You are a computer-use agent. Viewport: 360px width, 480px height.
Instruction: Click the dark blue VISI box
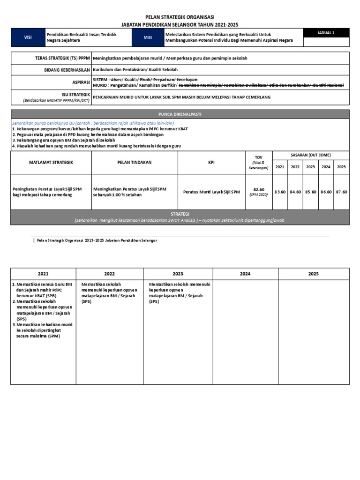tap(28, 37)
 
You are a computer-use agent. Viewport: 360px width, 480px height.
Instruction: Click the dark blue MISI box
tap(148, 37)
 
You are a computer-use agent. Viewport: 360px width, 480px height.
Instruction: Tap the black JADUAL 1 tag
tap(326, 32)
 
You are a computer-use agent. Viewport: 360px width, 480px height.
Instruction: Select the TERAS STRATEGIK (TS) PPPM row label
tap(59, 58)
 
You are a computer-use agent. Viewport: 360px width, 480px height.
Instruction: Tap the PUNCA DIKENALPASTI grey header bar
tap(180, 114)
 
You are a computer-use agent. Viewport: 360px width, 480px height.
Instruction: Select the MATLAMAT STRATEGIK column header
tap(51, 162)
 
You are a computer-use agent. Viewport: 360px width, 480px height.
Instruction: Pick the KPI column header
tap(211, 162)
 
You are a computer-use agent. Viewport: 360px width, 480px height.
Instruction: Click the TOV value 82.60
tap(259, 189)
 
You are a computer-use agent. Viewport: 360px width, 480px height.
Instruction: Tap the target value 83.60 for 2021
tap(280, 192)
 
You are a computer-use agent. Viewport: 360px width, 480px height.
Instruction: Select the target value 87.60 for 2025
tap(342, 192)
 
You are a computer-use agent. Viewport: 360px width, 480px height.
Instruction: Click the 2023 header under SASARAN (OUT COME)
tap(311, 167)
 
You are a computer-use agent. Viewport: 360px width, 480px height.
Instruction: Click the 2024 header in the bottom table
tap(245, 274)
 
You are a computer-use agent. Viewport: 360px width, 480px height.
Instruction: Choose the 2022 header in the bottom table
tap(109, 274)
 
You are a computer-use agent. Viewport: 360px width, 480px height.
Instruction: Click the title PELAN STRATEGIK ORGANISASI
tap(180, 17)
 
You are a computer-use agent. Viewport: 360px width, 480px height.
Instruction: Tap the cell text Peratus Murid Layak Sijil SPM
tap(211, 192)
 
